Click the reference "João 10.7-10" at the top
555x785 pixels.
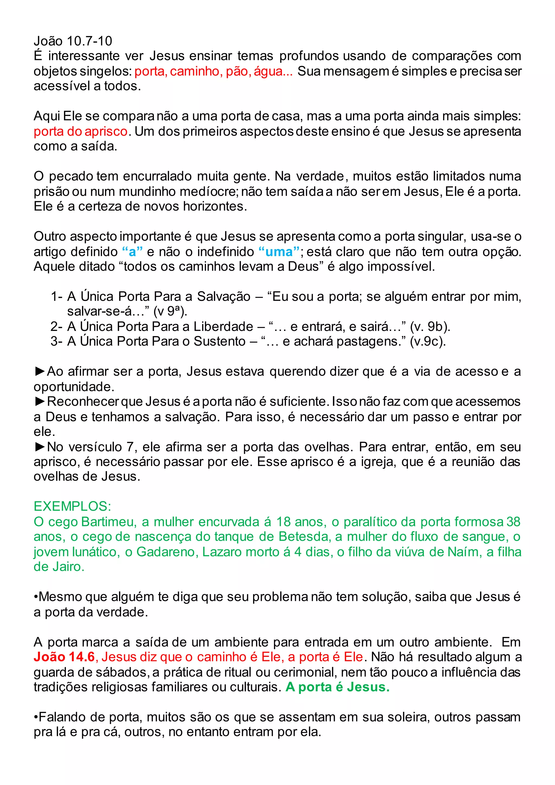pyautogui.click(x=73, y=41)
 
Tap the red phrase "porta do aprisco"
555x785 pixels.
pyautogui.click(x=81, y=131)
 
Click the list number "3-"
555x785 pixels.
pyautogui.click(x=56, y=341)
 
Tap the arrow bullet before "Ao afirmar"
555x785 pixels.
pyautogui.click(x=40, y=371)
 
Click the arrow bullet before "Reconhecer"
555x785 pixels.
pyautogui.click(x=40, y=401)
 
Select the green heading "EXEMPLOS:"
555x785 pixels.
pyautogui.click(x=72, y=506)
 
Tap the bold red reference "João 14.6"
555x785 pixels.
pyautogui.click(x=64, y=657)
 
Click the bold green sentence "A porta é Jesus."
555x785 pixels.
pyautogui.click(x=337, y=687)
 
